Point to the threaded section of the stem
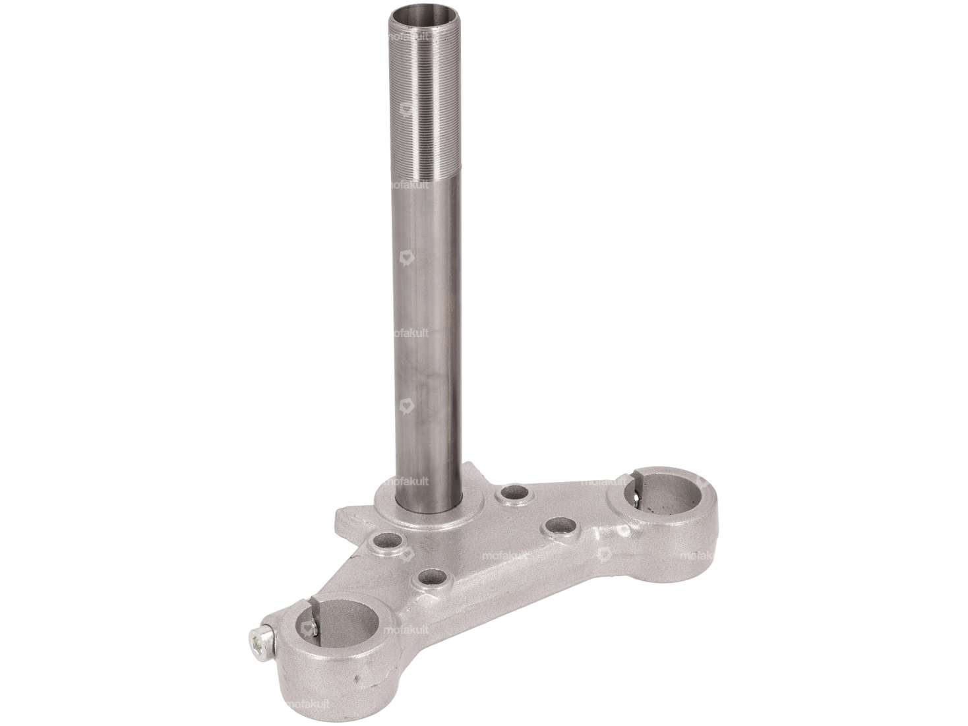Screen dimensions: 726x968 [x=423, y=99]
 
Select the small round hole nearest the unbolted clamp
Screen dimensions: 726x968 [x=561, y=526]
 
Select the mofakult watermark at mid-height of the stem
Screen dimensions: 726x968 [x=410, y=333]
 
